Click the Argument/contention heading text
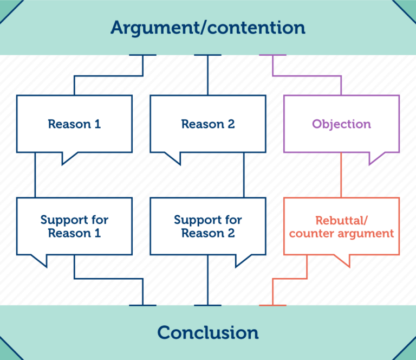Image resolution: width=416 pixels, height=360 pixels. tap(207, 27)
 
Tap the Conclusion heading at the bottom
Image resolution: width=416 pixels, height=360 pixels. tap(207, 332)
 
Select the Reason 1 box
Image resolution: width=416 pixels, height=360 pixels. tap(74, 124)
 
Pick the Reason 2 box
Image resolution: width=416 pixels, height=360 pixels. tap(207, 124)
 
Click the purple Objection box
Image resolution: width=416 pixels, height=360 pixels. tap(341, 124)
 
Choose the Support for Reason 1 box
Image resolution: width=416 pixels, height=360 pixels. tap(74, 226)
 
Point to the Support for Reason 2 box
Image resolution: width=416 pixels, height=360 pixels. tap(207, 226)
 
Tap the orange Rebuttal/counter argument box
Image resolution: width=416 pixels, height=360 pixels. tap(341, 226)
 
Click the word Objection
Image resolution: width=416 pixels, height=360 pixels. tap(341, 124)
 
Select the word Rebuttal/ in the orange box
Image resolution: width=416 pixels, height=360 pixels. tap(341, 220)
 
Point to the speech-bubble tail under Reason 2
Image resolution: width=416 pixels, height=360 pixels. tap(172, 157)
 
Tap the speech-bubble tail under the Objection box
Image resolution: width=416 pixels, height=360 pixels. tap(376, 157)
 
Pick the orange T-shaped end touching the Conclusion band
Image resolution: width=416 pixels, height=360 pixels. tap(272, 305)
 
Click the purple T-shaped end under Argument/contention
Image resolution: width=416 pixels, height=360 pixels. tap(272, 55)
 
